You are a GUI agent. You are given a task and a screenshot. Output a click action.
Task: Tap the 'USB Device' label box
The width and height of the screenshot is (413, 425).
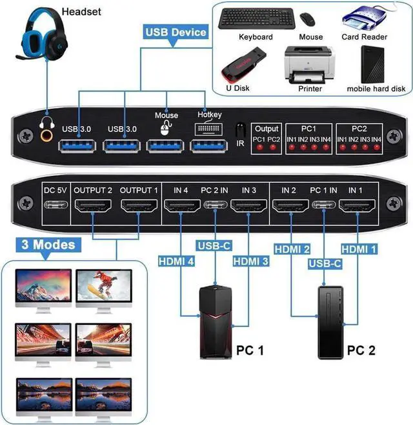(x=176, y=32)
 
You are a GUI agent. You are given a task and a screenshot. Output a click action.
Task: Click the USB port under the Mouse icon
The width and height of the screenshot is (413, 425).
(x=166, y=144)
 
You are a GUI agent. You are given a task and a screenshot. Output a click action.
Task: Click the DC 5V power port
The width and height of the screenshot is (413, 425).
(x=54, y=208)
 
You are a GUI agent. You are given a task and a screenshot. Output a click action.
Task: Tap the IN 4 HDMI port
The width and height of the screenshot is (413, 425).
(x=181, y=207)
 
